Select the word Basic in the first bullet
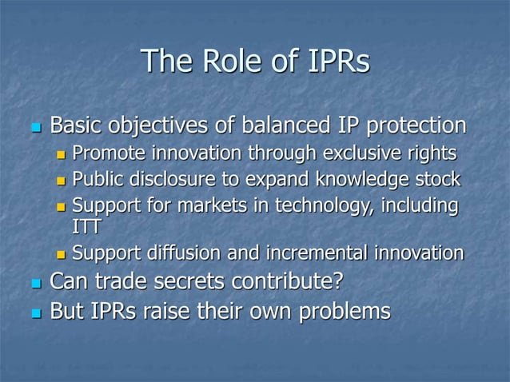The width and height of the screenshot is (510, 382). point(76,126)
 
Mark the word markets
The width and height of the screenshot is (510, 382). point(193,205)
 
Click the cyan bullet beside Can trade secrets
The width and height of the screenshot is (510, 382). point(34,283)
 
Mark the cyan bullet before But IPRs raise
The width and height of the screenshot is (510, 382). point(34,312)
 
